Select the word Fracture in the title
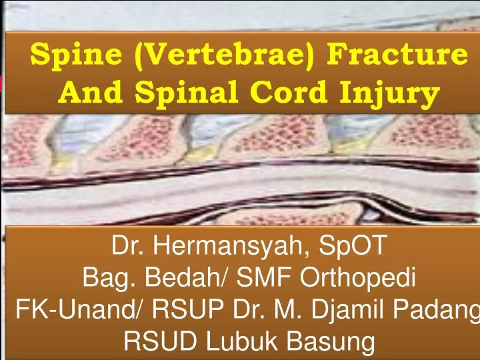[x=393, y=55]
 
